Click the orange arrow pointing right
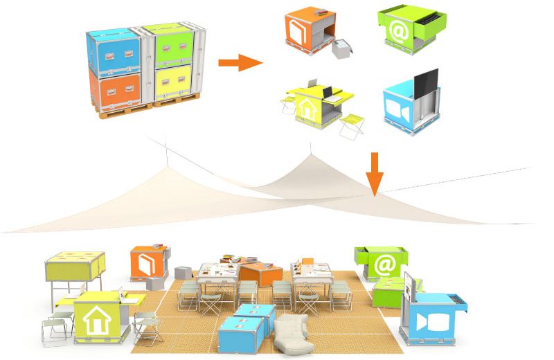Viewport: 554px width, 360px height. point(239,64)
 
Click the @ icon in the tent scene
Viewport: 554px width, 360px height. point(383,264)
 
